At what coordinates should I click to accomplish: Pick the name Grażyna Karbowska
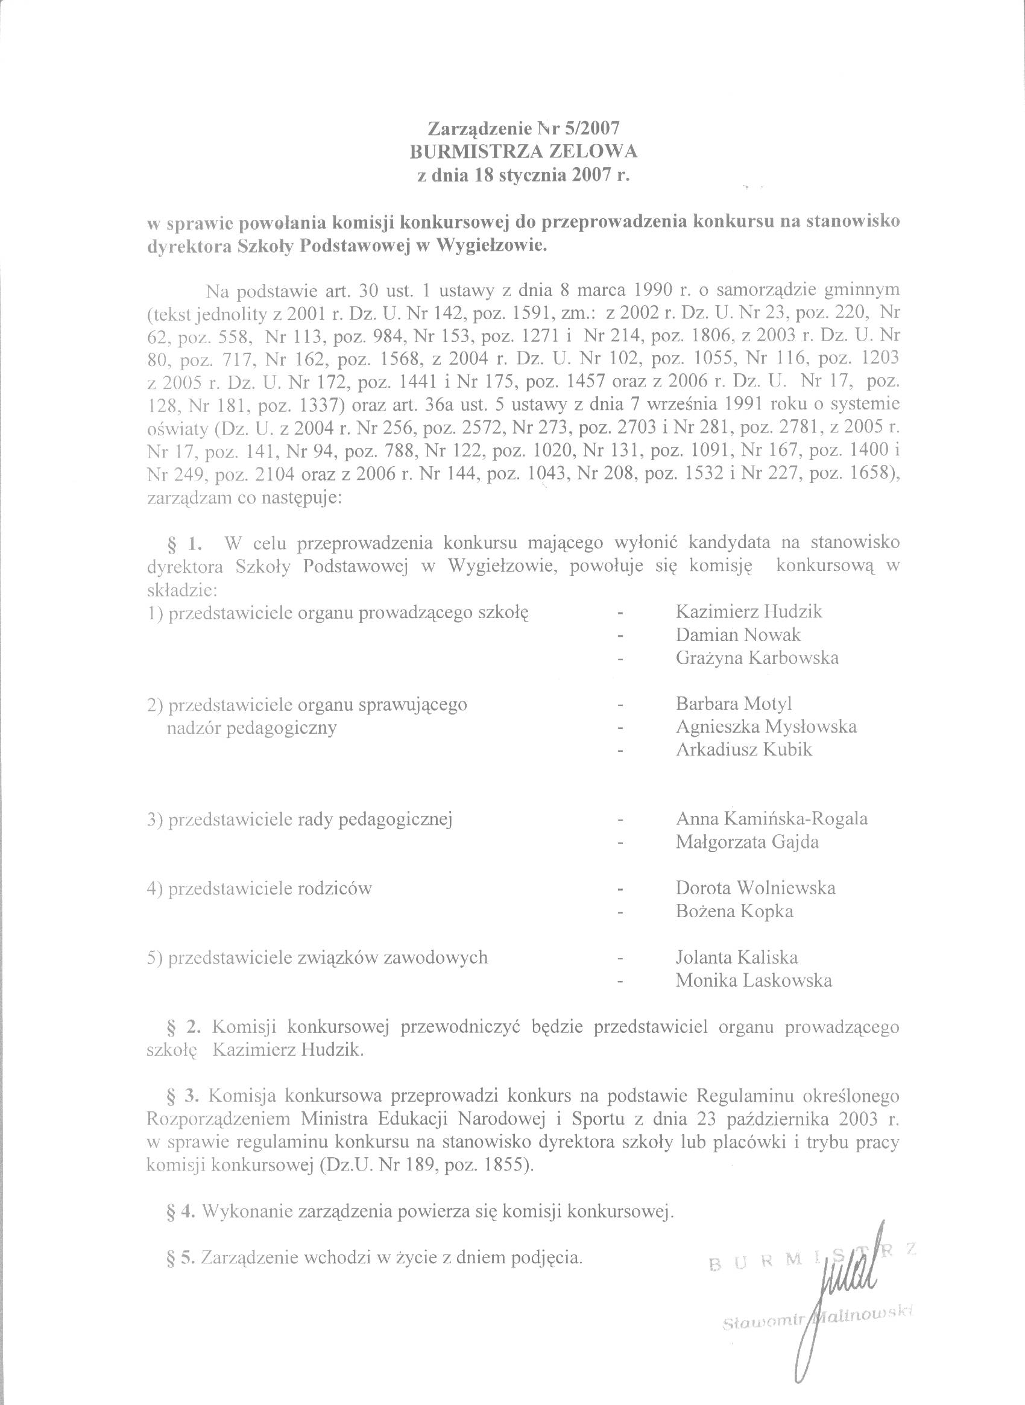pos(757,657)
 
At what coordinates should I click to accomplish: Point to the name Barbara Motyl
pos(733,703)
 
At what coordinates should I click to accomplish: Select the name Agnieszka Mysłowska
pos(766,726)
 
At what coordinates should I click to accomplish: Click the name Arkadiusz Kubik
pos(743,749)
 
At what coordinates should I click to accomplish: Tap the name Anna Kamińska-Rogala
pos(771,818)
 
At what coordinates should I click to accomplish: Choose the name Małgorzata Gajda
pos(755,842)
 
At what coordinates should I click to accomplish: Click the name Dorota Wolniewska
pos(755,888)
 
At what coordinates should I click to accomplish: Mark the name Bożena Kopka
pos(734,911)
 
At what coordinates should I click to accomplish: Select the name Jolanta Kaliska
pos(736,957)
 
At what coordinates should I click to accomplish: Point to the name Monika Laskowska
pos(753,980)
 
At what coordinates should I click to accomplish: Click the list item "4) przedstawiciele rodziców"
pos(259,888)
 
